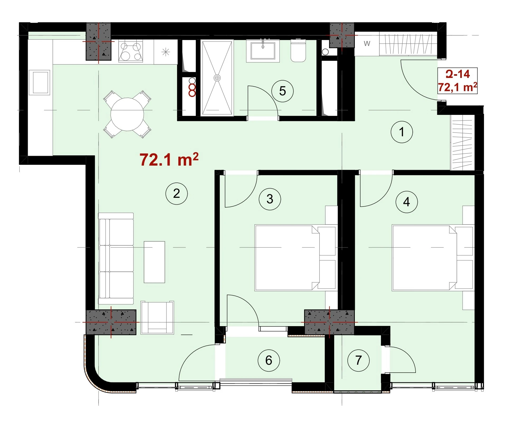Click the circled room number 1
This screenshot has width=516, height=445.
tap(402, 132)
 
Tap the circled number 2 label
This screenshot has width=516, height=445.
tap(176, 194)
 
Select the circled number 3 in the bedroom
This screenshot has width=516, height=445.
tap(270, 199)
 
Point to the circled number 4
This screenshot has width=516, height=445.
tap(407, 202)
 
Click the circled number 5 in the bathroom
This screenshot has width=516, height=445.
tap(282, 91)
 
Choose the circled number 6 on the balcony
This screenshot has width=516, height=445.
tap(269, 360)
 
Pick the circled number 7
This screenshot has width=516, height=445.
tap(359, 360)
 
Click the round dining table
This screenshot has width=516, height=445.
tap(127, 114)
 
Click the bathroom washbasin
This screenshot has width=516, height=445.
tap(263, 51)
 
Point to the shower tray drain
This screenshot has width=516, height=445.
tap(217, 78)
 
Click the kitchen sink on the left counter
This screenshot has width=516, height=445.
tap(39, 82)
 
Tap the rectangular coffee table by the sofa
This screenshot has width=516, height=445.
tap(154, 262)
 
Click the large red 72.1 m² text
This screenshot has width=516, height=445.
tap(169, 160)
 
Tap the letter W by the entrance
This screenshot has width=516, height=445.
tap(367, 44)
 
